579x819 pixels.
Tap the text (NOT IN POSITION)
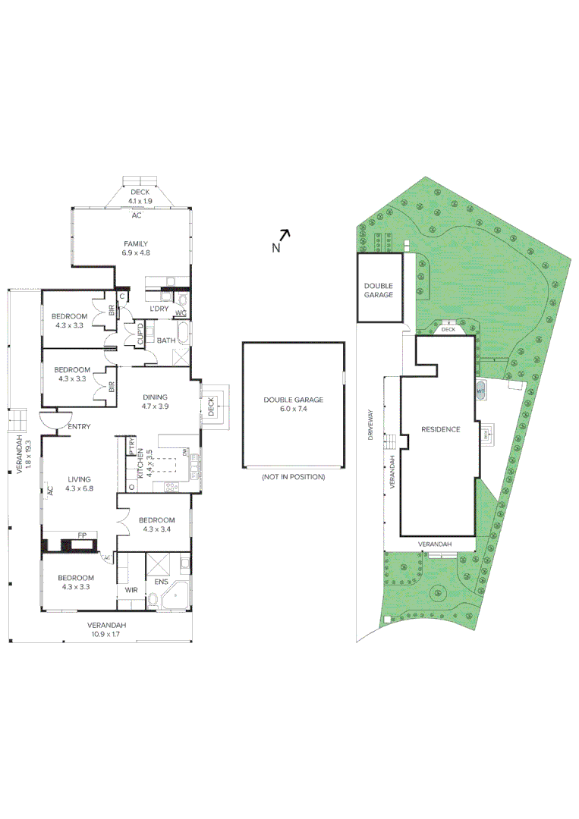293,477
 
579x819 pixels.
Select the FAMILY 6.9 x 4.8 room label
136,248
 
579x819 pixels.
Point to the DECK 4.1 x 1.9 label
140,196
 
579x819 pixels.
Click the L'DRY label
159,309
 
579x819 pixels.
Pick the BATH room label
167,340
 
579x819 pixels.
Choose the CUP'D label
140,334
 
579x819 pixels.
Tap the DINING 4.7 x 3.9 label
155,401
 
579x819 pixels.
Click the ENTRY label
79,427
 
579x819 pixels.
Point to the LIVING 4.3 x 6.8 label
79,484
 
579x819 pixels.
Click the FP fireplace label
82,535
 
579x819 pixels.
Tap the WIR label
130,589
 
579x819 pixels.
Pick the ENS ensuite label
161,582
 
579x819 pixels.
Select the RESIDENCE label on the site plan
440,429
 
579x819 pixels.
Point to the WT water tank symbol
480,391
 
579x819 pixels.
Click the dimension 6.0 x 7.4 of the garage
293,409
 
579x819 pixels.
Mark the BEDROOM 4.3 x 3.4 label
157,525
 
